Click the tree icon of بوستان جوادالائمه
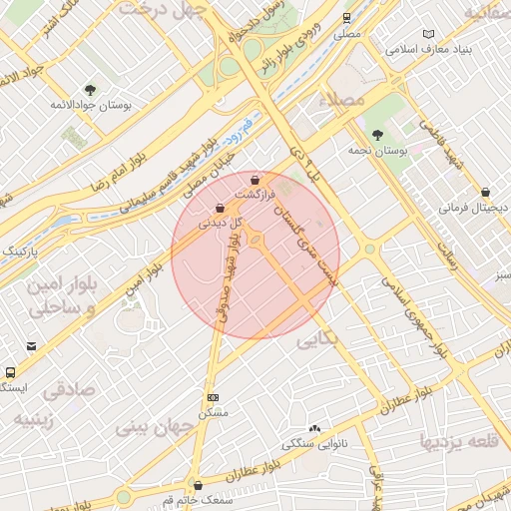tap(91, 90)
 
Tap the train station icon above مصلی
tap(346, 18)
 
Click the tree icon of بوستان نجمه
tap(377, 135)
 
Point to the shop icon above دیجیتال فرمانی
tap(485, 192)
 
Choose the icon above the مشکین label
tap(212, 396)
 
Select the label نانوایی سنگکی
tap(319, 441)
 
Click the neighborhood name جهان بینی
tap(153, 426)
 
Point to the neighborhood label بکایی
tap(320, 340)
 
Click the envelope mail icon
tap(32, 347)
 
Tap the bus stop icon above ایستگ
tap(9, 371)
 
